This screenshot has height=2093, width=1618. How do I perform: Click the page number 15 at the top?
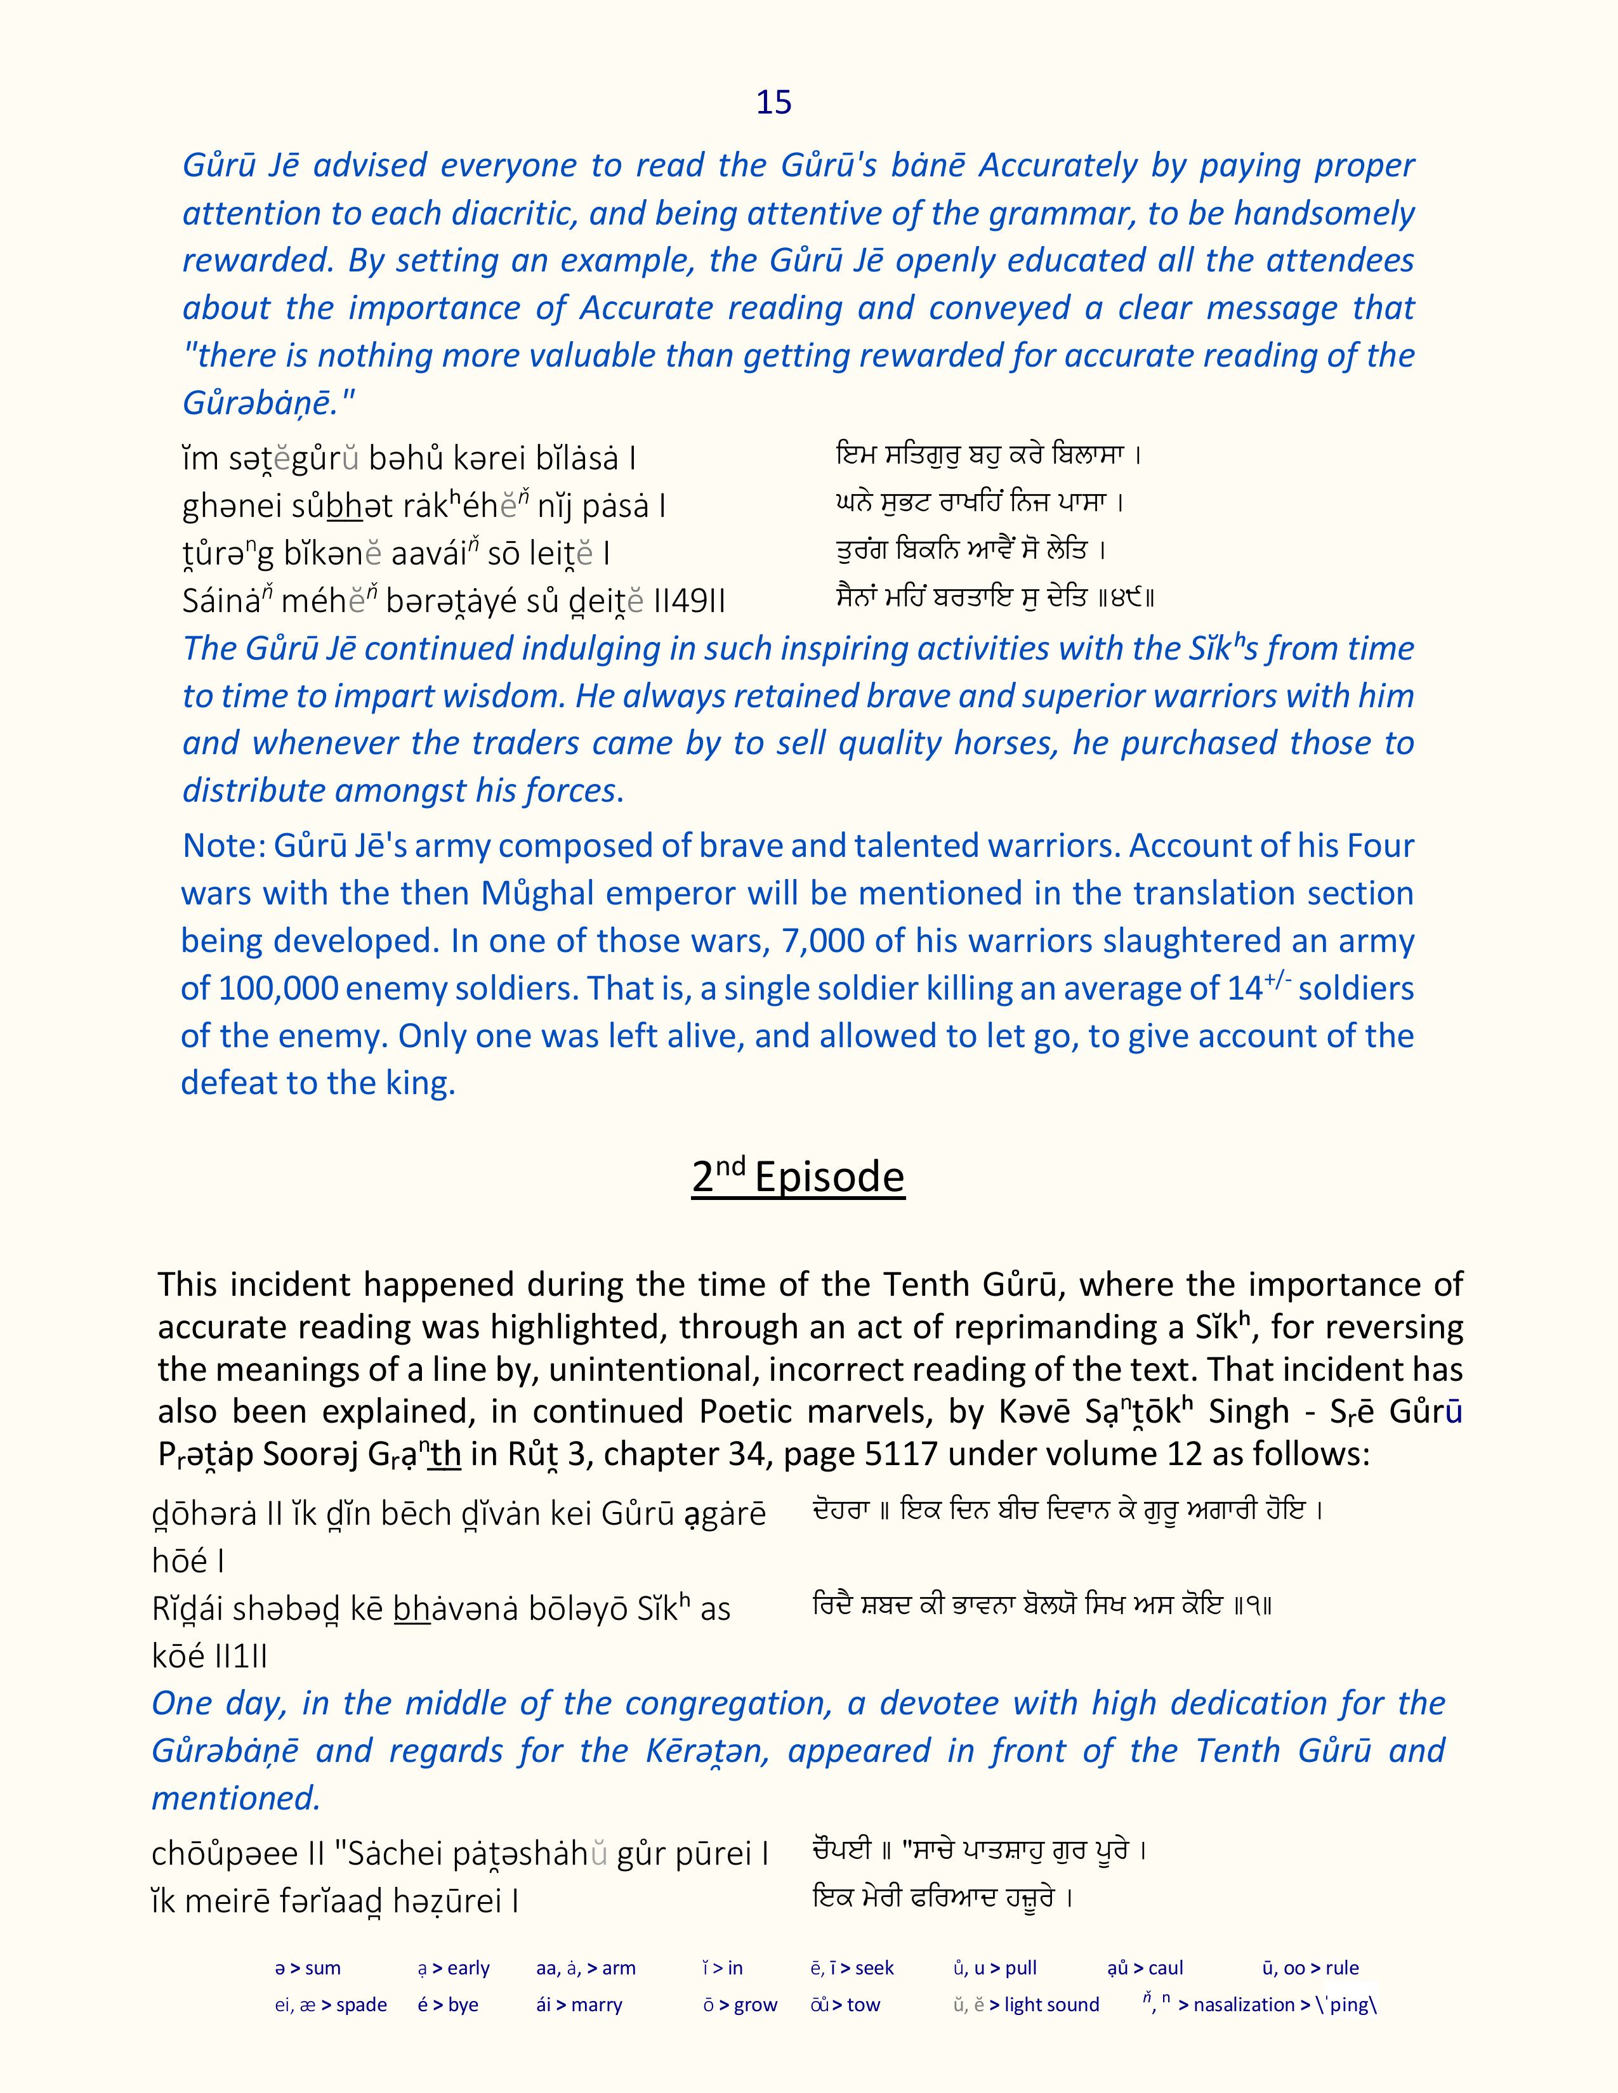773,103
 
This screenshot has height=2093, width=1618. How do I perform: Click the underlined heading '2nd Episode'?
798,1177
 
